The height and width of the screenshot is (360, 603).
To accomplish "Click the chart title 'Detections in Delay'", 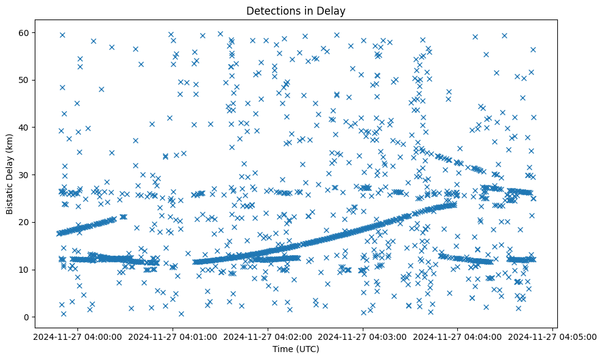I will point(295,10).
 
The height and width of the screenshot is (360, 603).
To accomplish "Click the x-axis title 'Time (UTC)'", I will point(295,350).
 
